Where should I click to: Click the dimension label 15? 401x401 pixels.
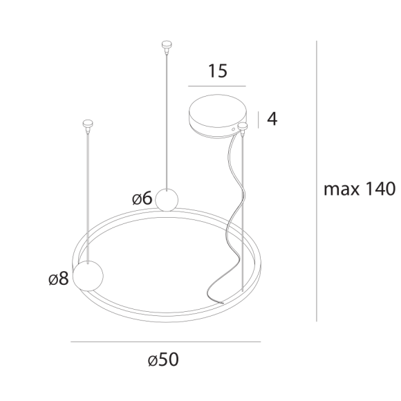tap(216, 71)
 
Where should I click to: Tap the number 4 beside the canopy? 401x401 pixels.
tap(272, 119)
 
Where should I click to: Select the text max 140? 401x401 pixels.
tap(359, 189)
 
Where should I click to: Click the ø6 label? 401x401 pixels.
tap(142, 198)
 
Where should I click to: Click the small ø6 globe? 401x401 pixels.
tap(167, 199)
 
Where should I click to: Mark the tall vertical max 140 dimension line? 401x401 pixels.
tap(316, 180)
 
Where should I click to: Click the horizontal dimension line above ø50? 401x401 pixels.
tap(165, 342)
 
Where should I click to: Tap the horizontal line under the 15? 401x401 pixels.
tap(216, 86)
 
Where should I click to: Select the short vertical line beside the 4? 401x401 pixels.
tap(259, 119)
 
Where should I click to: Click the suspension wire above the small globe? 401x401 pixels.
tap(166, 118)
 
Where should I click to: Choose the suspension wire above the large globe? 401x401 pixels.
tap(87, 194)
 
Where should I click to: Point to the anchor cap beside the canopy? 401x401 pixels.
tap(243, 127)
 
